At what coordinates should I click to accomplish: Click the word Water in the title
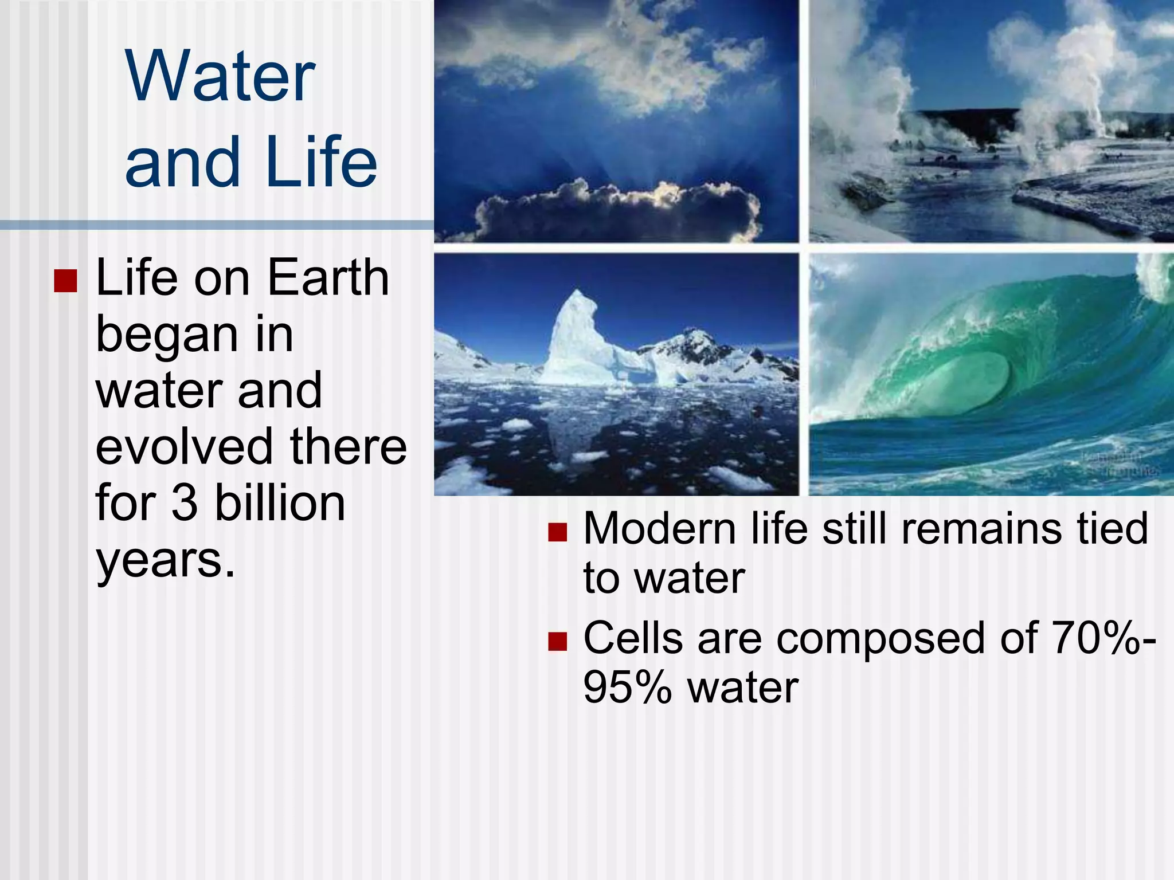click(220, 77)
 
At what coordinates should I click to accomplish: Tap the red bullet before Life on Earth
click(65, 281)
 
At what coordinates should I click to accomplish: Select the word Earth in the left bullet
click(328, 278)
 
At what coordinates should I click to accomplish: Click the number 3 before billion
click(185, 503)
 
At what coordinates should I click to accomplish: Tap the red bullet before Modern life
click(557, 532)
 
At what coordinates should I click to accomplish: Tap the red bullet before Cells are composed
click(557, 642)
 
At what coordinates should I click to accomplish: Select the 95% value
click(627, 687)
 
